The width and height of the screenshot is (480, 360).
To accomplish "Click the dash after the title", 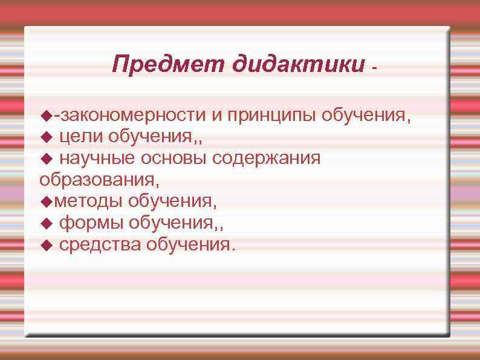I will coord(375,68).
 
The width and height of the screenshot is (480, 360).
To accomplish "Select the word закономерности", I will coord(131,115).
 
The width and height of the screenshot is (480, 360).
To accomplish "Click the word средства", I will coord(99,245).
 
